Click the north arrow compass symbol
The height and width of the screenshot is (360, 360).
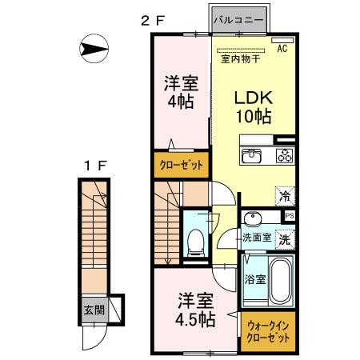[94, 49]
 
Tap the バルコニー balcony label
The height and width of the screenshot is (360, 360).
[239, 20]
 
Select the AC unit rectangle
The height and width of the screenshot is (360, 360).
[282, 40]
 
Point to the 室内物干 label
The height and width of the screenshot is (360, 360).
[240, 58]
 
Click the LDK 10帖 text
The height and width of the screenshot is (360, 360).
[254, 107]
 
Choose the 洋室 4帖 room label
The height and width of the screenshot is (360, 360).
[181, 92]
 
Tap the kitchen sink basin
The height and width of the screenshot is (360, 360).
[252, 155]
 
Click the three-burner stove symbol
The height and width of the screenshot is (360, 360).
[285, 155]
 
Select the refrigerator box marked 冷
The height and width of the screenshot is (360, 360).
[285, 196]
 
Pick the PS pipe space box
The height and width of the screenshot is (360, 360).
[289, 216]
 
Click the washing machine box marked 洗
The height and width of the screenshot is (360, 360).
[285, 240]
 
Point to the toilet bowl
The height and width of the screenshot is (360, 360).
[196, 242]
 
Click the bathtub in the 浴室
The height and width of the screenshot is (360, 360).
[280, 280]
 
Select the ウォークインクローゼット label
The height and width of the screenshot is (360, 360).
[268, 332]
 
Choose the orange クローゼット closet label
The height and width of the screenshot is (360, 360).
[182, 165]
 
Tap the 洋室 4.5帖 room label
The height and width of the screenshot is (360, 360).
[195, 310]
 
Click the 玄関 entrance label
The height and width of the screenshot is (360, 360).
[94, 310]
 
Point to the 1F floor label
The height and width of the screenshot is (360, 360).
[95, 166]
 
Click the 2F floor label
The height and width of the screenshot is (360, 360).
[153, 21]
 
